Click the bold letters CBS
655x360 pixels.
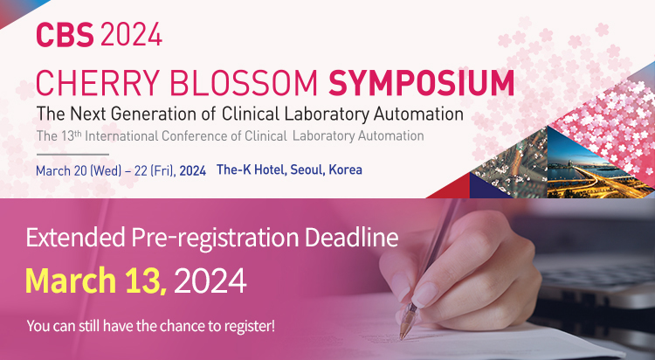click(65, 35)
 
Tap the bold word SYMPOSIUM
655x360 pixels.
click(422, 83)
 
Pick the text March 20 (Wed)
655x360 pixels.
click(79, 171)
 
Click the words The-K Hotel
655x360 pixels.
click(251, 170)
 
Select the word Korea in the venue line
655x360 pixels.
click(345, 170)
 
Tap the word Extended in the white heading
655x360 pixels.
click(76, 238)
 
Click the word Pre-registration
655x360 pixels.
click(215, 239)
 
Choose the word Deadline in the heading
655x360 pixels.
click(351, 238)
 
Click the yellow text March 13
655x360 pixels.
click(96, 280)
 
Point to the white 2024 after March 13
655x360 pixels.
click(210, 281)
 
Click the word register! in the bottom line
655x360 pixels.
click(251, 327)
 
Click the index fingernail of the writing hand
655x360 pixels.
click(423, 294)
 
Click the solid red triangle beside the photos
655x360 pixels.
click(450, 187)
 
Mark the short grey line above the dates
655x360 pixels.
click(72, 155)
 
